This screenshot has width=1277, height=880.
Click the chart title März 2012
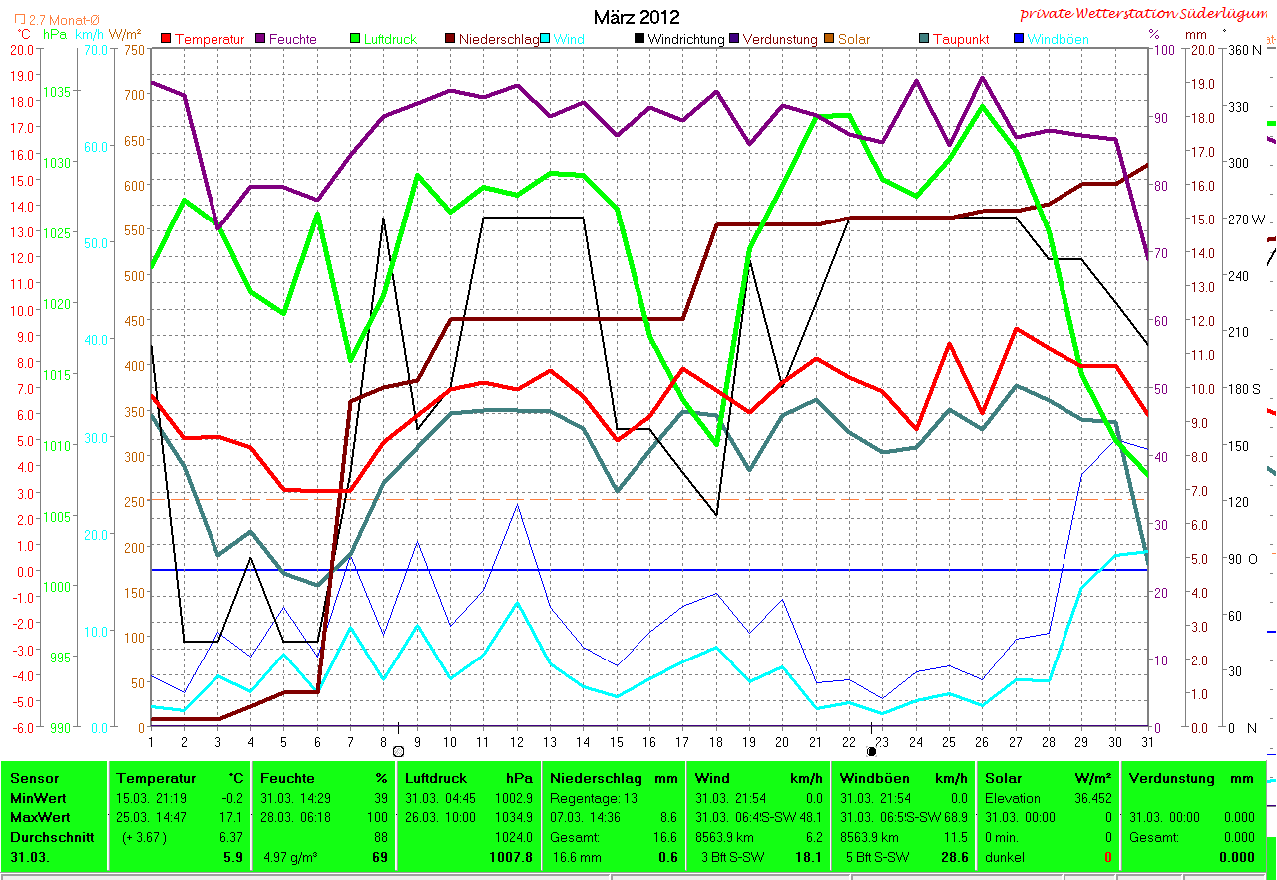pos(637,17)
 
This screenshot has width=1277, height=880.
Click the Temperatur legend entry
pos(209,40)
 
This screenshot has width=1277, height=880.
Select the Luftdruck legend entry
pos(390,40)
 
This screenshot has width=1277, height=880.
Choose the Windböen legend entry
pos(1058,40)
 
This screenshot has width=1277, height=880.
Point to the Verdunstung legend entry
pos(779,40)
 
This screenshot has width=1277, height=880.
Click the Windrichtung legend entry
pos(687,40)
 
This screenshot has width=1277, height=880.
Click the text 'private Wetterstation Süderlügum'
pos(1146,14)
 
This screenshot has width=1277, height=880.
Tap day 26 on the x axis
pos(983,741)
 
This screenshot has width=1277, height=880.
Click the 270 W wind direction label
pos(1245,220)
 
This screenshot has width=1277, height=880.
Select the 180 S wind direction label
pos(1243,388)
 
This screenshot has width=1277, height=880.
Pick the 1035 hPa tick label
pos(58,92)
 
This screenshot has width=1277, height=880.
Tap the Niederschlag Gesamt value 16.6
pos(665,837)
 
